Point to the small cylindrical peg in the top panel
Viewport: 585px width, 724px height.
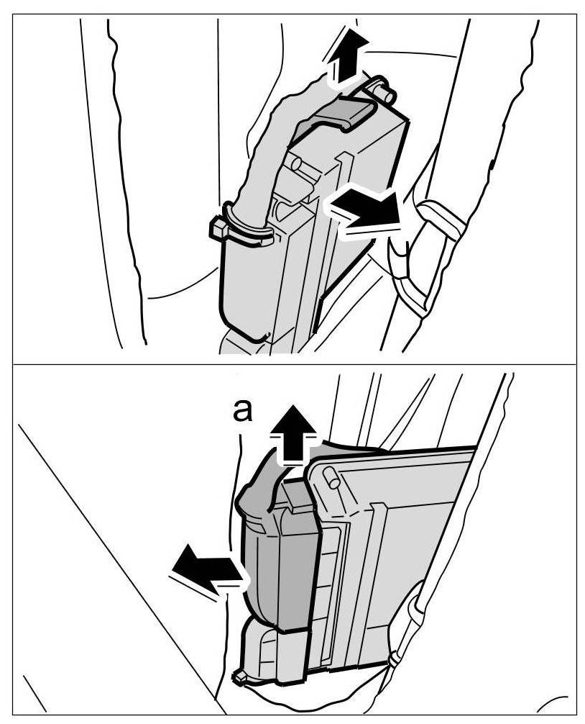tap(382, 89)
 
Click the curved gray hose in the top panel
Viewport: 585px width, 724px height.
tap(262, 166)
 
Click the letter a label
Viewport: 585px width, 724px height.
tap(244, 412)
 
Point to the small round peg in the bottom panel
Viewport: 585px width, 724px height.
tap(331, 477)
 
